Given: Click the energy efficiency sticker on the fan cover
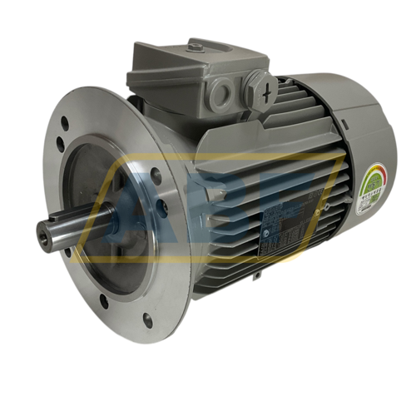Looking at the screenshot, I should [x=372, y=187].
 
